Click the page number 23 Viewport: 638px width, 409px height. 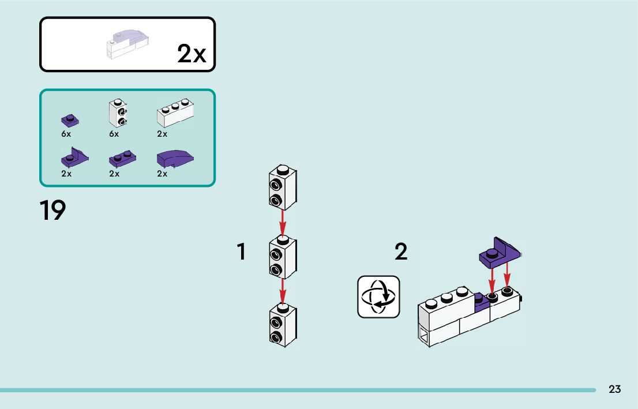click(615, 389)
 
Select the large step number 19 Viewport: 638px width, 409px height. click(52, 211)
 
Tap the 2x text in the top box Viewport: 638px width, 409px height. click(192, 54)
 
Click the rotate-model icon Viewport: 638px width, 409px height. click(378, 297)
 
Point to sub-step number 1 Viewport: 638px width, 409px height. click(242, 252)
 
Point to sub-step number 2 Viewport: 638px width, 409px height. click(401, 252)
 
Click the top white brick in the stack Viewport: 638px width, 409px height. click(282, 187)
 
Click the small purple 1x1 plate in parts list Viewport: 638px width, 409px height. click(70, 121)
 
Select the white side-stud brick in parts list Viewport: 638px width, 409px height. click(118, 112)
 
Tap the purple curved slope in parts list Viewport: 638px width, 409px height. click(174, 157)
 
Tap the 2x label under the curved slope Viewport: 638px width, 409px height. click(162, 173)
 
